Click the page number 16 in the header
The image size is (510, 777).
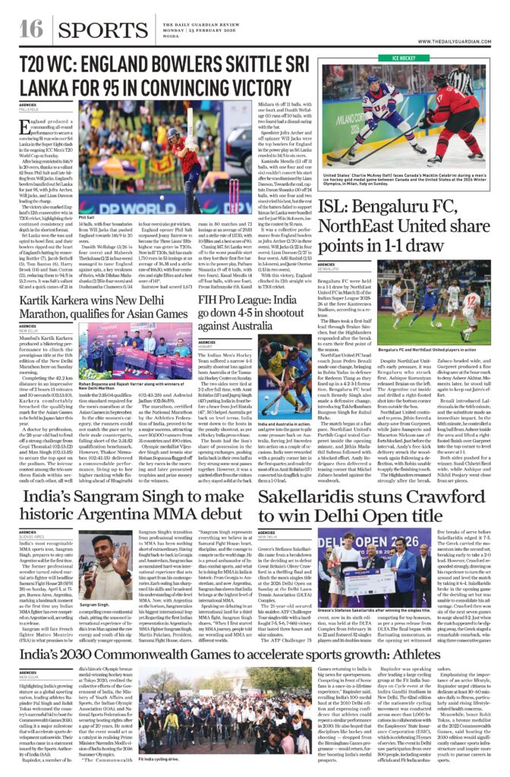coord(30,30)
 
